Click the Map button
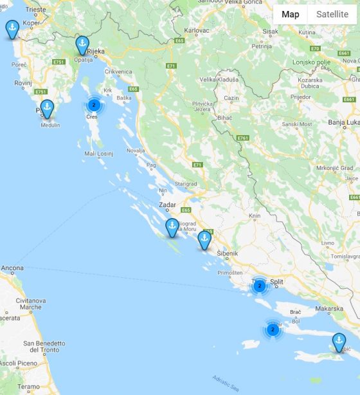tap(291, 14)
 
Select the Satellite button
tap(332, 14)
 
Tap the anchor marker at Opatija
tap(82, 45)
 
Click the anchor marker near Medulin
tap(47, 109)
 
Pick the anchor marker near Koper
tap(12, 29)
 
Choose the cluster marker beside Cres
tap(94, 104)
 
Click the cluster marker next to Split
tap(259, 286)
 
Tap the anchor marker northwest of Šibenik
tap(204, 240)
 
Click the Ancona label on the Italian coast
tap(12, 268)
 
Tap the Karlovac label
tap(197, 30)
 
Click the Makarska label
tap(329, 308)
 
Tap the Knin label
tap(255, 216)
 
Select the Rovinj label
tap(23, 83)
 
